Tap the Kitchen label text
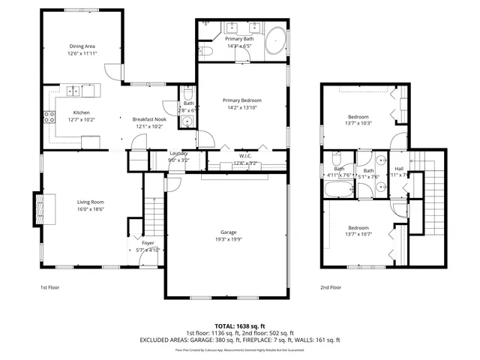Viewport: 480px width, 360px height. click(81, 113)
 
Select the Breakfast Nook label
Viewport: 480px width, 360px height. click(149, 119)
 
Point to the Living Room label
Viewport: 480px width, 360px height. click(91, 202)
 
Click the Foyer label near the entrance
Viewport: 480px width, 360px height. click(148, 244)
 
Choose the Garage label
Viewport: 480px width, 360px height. click(228, 232)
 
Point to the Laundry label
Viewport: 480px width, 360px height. click(178, 153)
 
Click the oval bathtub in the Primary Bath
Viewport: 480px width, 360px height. click(275, 38)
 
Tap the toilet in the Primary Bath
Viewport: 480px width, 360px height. click(207, 51)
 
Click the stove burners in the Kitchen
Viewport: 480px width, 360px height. click(49, 116)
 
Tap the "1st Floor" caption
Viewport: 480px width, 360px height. click(51, 287)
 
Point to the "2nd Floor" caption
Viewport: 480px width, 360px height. click(331, 287)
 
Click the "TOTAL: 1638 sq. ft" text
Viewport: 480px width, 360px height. click(240, 325)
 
